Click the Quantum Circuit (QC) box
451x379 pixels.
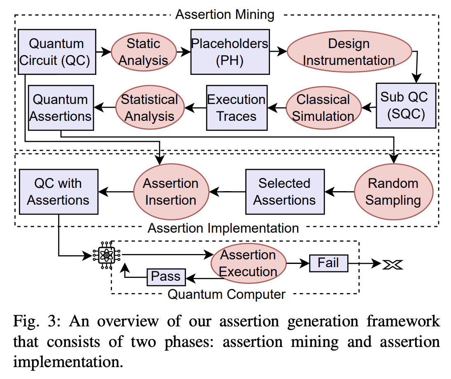(x=57, y=52)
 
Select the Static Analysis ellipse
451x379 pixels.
(x=144, y=52)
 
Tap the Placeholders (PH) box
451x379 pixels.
(x=230, y=52)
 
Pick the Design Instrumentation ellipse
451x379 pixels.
(x=349, y=52)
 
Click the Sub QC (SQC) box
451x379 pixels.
(x=406, y=106)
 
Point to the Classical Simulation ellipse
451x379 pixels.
(x=323, y=108)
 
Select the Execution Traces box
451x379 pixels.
(x=237, y=108)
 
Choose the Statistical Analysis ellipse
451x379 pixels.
(x=149, y=108)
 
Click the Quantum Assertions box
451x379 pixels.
(x=61, y=108)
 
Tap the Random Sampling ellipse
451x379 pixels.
(x=393, y=192)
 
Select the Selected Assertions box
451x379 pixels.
(x=284, y=192)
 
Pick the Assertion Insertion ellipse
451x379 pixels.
(x=171, y=192)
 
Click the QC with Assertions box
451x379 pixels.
(x=58, y=192)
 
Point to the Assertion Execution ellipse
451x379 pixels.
(x=248, y=263)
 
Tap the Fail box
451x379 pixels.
(x=328, y=263)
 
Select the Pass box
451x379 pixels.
(x=166, y=277)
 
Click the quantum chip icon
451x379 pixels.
(x=106, y=256)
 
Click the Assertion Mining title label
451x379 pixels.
(x=225, y=15)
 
